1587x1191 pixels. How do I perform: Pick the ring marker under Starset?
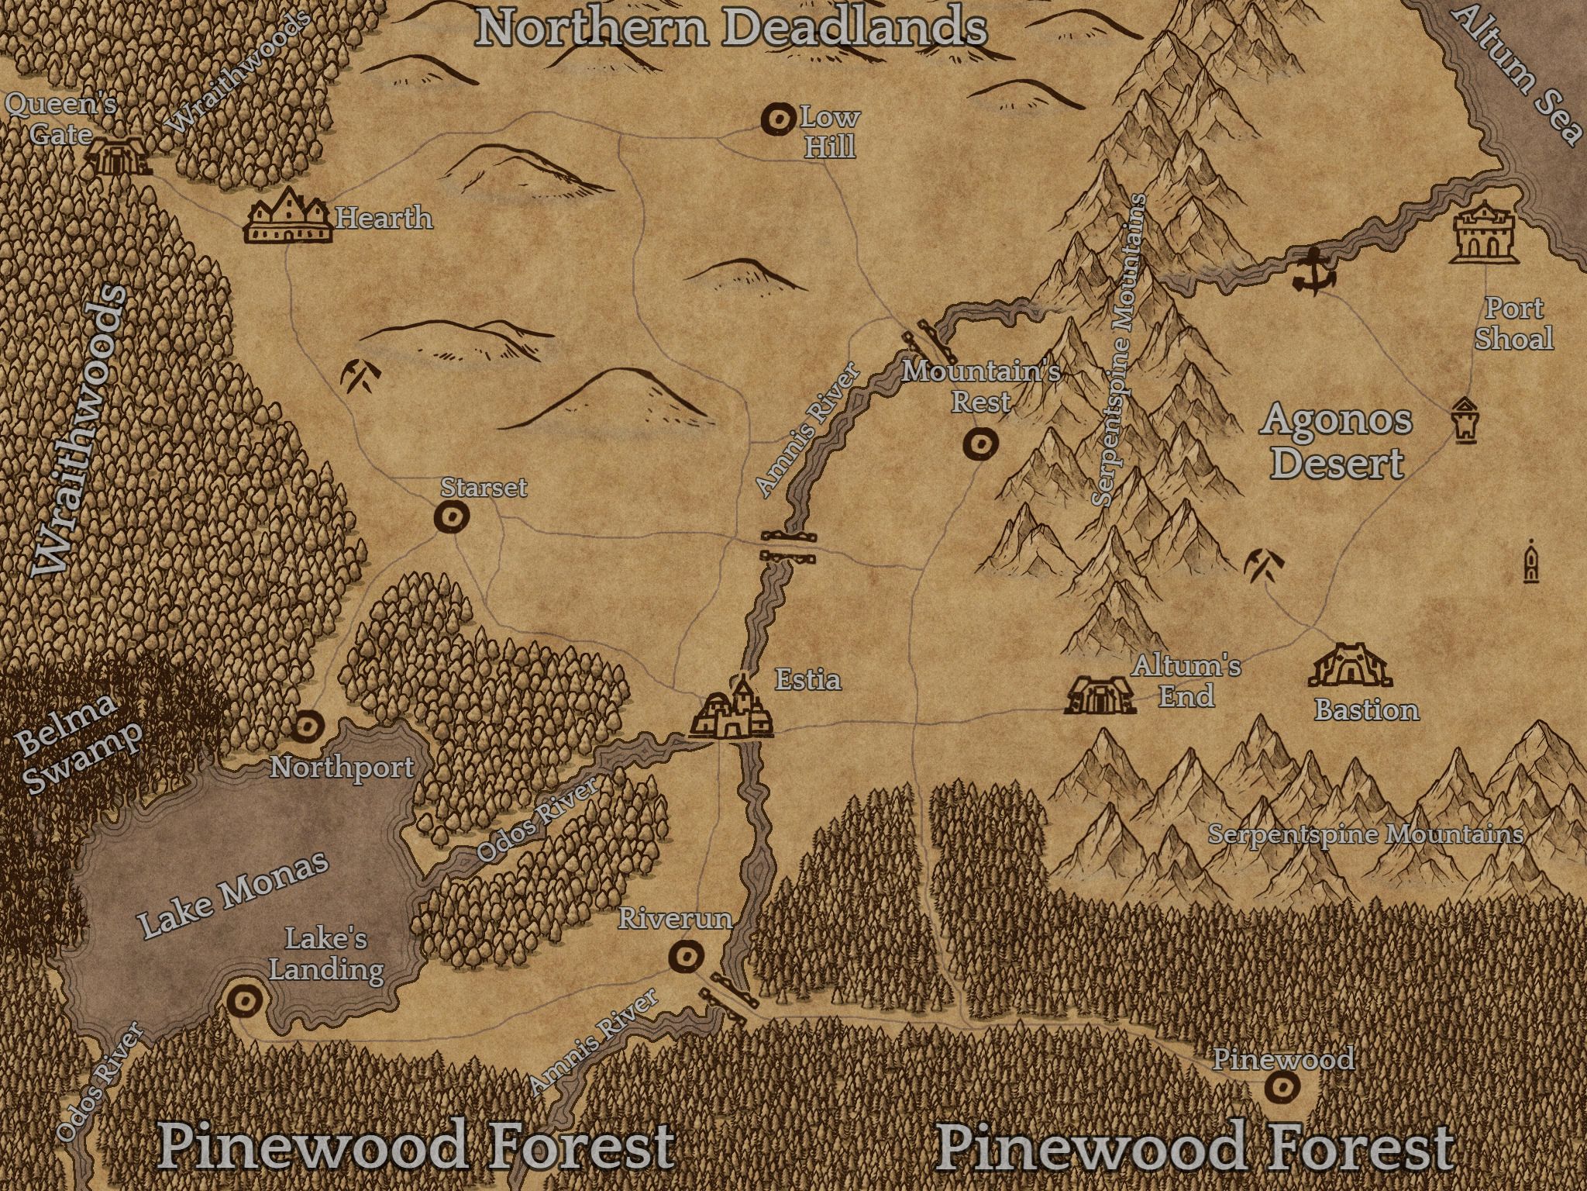(x=450, y=516)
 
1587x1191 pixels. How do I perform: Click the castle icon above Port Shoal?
(x=1482, y=232)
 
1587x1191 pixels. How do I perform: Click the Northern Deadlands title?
(x=731, y=27)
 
